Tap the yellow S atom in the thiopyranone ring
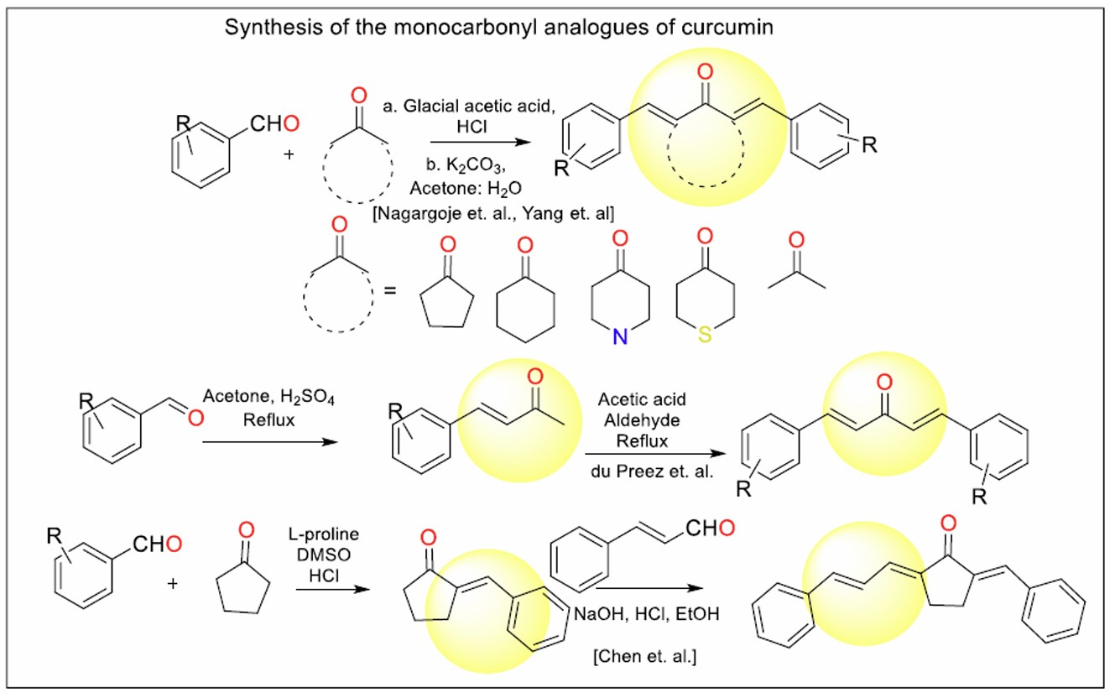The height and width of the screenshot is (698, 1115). [x=705, y=336]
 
